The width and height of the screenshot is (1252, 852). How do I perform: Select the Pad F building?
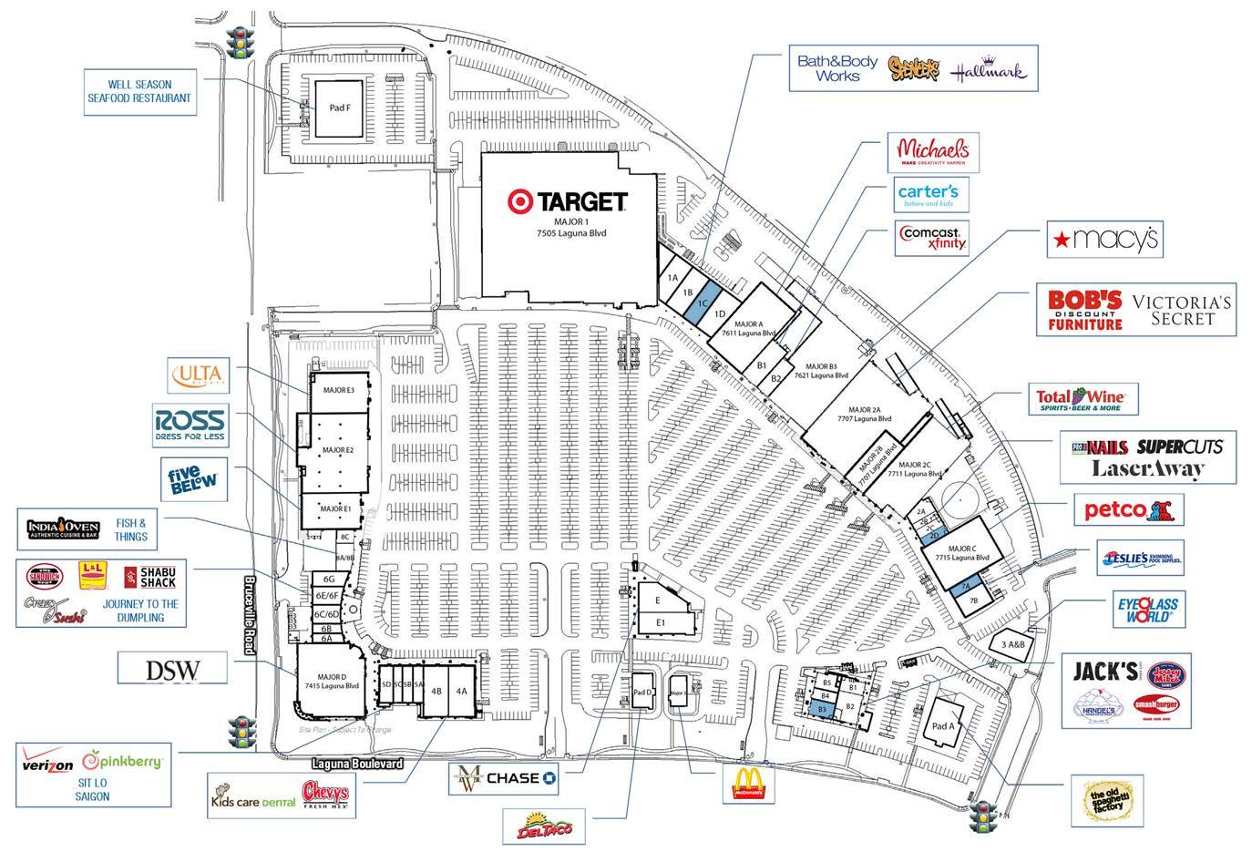coord(339,108)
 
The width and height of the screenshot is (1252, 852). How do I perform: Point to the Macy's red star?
coord(1061,240)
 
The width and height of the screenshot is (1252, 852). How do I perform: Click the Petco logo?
coord(1128,509)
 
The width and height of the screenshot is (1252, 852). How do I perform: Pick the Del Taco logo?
coord(543,826)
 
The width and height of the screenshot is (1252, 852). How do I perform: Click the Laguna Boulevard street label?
coord(351,764)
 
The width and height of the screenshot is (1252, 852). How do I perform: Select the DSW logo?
coord(172,670)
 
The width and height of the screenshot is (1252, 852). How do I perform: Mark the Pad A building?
coord(944,726)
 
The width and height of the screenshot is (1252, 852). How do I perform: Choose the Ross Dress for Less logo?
coord(190,426)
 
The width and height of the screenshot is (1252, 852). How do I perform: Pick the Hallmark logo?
coord(989,71)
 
